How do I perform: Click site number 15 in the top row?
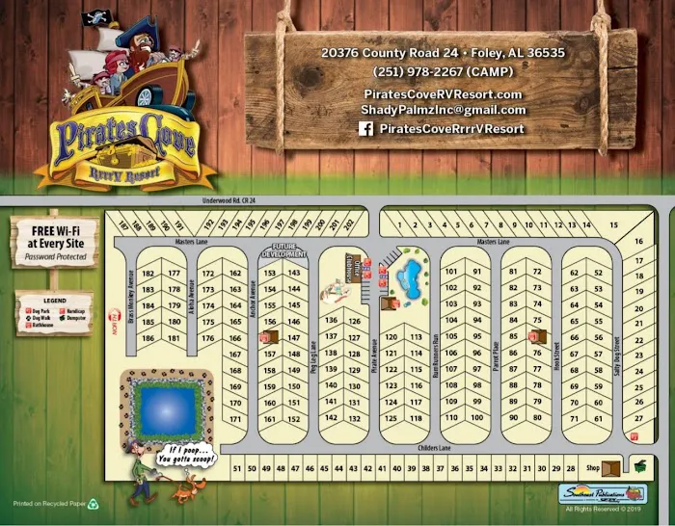coord(613,225)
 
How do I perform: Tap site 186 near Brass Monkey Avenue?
coord(148,338)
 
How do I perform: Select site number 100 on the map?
coord(476,417)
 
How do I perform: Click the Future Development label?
coord(283,253)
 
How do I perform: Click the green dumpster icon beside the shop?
coord(637,466)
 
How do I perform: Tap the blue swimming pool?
coord(411,278)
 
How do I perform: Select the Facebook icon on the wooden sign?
coord(365,128)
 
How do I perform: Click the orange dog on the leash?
coord(182,491)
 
